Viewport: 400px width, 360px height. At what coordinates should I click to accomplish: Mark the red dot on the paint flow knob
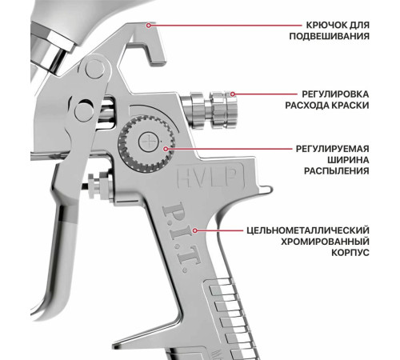click(232, 94)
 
